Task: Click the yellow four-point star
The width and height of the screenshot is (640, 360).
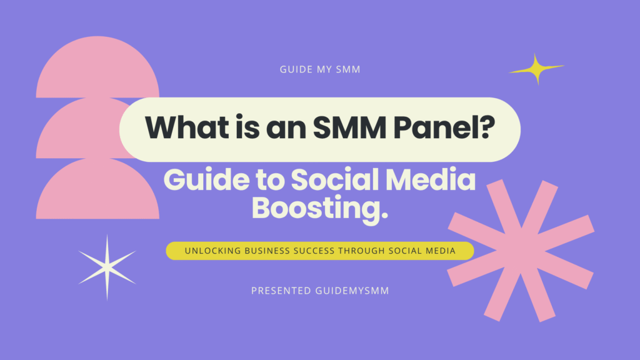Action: pyautogui.click(x=536, y=69)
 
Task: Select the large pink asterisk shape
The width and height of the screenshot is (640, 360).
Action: pyautogui.click(x=521, y=251)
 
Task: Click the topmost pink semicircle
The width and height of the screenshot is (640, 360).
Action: pyautogui.click(x=97, y=67)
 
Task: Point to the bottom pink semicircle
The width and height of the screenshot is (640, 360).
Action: pyautogui.click(x=97, y=189)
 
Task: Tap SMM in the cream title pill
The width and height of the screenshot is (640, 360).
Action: pyautogui.click(x=349, y=127)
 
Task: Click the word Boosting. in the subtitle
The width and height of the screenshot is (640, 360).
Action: pyautogui.click(x=319, y=207)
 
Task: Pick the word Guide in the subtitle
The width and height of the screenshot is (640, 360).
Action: pyautogui.click(x=206, y=180)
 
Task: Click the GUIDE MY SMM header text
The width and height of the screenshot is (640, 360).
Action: pyautogui.click(x=320, y=69)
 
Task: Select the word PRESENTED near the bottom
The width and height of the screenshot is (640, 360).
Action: pyautogui.click(x=281, y=291)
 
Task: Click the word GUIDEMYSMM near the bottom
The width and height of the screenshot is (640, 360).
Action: pyautogui.click(x=352, y=291)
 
